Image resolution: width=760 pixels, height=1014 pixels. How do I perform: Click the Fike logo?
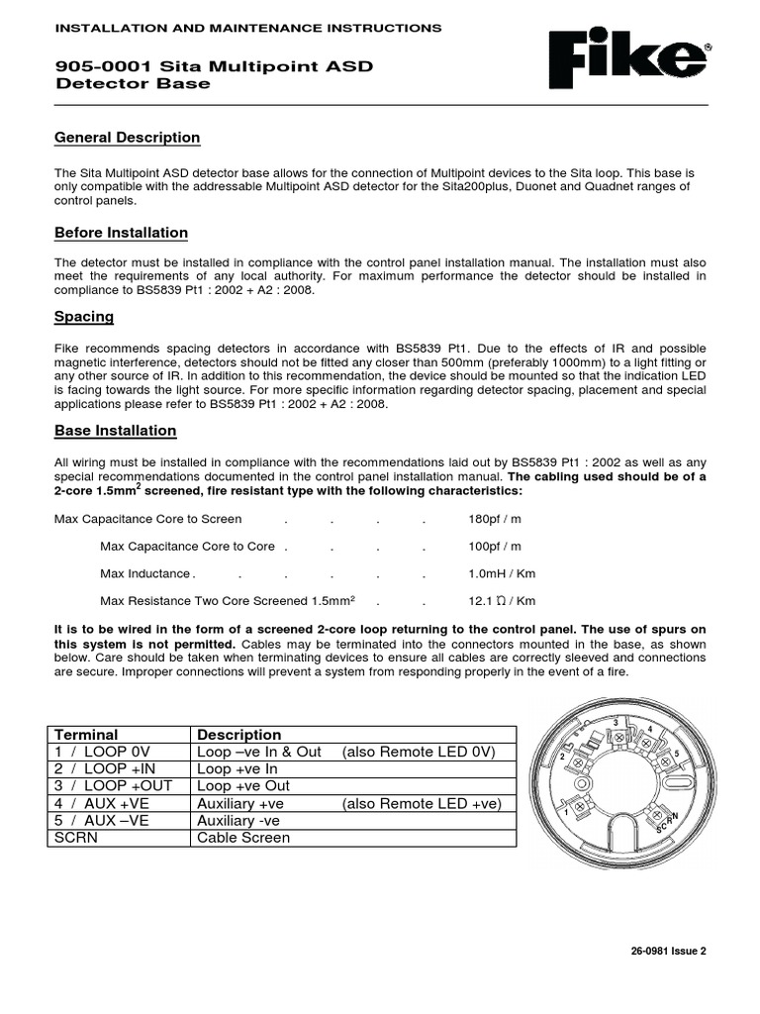coord(630,60)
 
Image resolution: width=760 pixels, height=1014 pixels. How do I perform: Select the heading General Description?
coord(127,138)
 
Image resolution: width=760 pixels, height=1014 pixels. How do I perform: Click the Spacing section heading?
coord(84,317)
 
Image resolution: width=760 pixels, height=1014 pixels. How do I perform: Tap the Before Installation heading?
coord(121,233)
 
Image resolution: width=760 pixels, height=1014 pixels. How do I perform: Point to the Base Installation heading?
coord(116,431)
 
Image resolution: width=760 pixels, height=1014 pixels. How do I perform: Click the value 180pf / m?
coord(495,519)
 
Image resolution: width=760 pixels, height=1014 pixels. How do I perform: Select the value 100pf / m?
coord(495,547)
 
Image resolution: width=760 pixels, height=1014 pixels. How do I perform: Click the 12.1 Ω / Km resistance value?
coord(502,601)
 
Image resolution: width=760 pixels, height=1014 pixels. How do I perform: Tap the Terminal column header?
coord(86,735)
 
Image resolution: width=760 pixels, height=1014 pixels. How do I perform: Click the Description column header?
coord(239,735)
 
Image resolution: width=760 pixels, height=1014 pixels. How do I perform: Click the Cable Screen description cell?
coord(243,838)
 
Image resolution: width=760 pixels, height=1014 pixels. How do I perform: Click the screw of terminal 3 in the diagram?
coord(620,738)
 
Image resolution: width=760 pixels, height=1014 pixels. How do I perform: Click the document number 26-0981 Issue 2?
coord(668,951)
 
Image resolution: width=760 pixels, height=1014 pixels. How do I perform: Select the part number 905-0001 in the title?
coord(92,66)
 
